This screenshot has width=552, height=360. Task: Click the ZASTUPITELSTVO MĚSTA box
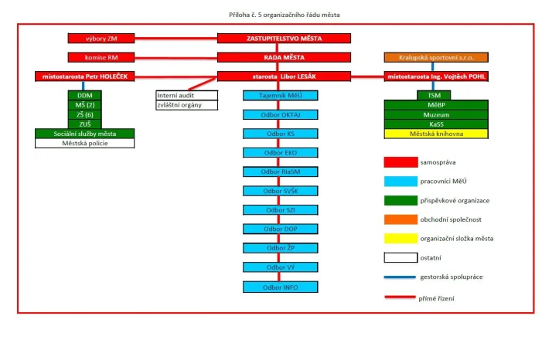(284, 38)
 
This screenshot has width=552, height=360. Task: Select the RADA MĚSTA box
(284, 57)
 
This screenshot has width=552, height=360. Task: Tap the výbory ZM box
(101, 38)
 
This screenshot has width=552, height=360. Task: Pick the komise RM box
(101, 57)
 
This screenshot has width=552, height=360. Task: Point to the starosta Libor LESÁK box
(284, 76)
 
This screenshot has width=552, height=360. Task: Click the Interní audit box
(186, 95)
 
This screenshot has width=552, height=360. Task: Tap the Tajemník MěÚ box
(280, 95)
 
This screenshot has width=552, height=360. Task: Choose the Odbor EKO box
(280, 152)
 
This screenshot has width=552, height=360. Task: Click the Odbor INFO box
(280, 287)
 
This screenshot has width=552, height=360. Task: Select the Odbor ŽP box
(280, 248)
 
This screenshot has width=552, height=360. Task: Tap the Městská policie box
(85, 143)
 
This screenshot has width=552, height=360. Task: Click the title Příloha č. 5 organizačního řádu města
(284, 15)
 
